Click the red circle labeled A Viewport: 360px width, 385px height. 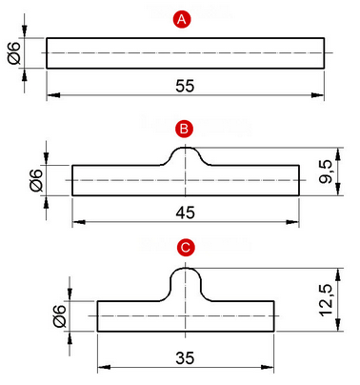[x=182, y=20]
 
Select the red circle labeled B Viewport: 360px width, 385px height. [x=184, y=130]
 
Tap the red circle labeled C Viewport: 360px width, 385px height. [x=186, y=248]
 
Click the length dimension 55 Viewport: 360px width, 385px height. [x=185, y=86]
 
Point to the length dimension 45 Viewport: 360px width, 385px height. [x=186, y=213]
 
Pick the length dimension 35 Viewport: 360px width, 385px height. [x=185, y=358]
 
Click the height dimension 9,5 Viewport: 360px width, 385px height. [x=326, y=172]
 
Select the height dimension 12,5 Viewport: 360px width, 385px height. [x=326, y=300]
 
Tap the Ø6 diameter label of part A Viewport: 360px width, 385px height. [x=14, y=53]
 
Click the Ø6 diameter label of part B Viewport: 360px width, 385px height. [x=36, y=180]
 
